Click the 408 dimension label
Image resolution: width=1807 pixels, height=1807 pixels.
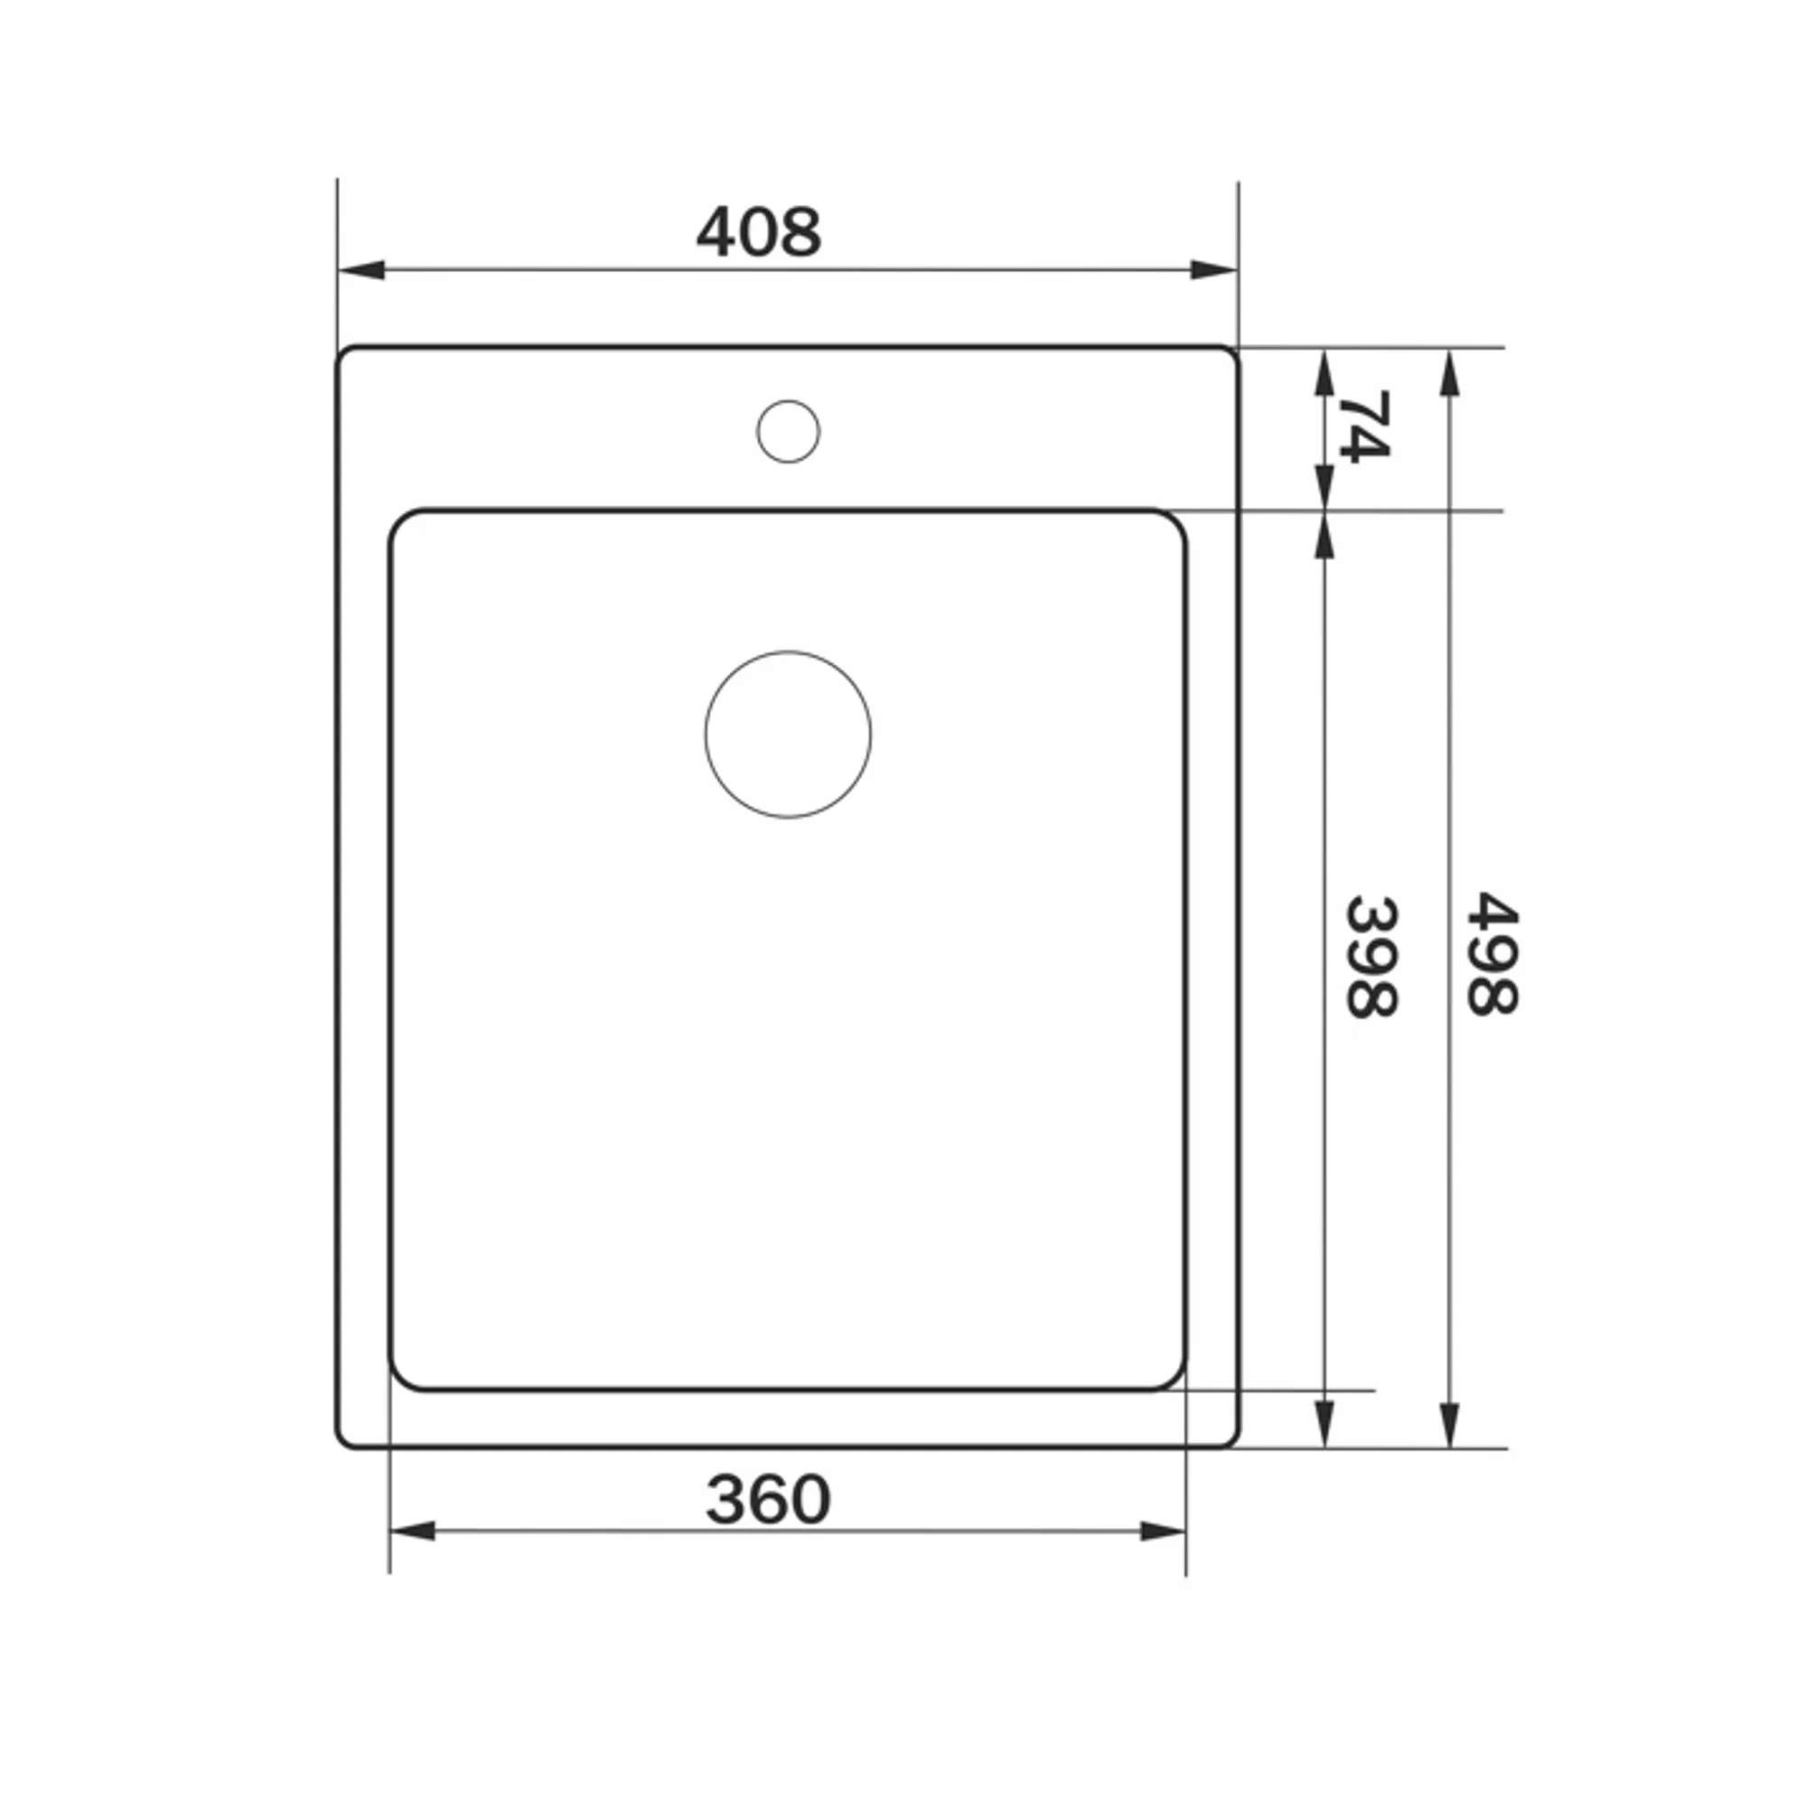click(759, 232)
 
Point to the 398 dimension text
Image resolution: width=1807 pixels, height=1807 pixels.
click(1372, 957)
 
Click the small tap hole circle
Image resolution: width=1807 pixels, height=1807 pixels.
click(789, 431)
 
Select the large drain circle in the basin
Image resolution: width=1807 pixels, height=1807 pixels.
click(789, 735)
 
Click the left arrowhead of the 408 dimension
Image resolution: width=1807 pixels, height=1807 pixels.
click(361, 270)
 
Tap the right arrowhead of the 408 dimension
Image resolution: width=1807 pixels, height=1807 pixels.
click(1214, 270)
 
